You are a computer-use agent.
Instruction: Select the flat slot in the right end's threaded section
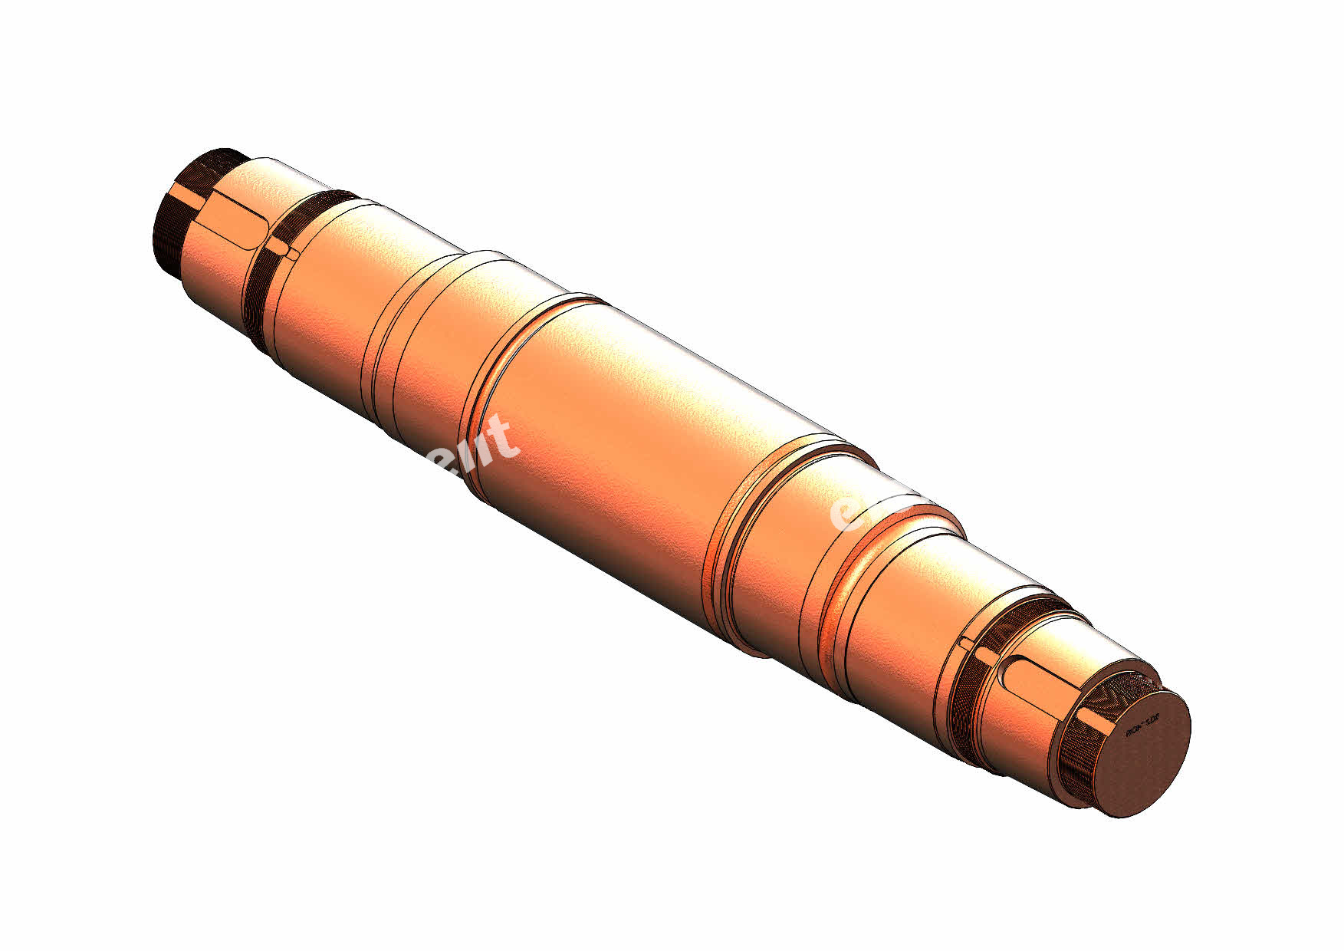click(1096, 721)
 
